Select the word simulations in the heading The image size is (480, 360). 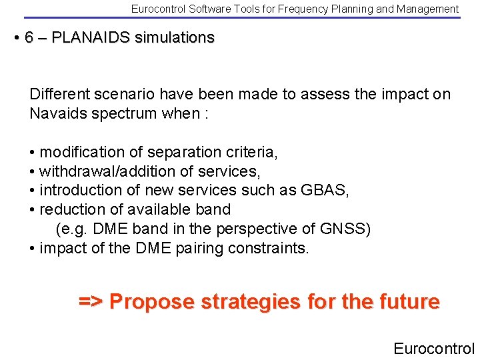click(175, 38)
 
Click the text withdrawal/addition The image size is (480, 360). click(109, 171)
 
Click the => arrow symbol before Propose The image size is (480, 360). click(91, 302)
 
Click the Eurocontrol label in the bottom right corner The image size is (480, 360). click(433, 348)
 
